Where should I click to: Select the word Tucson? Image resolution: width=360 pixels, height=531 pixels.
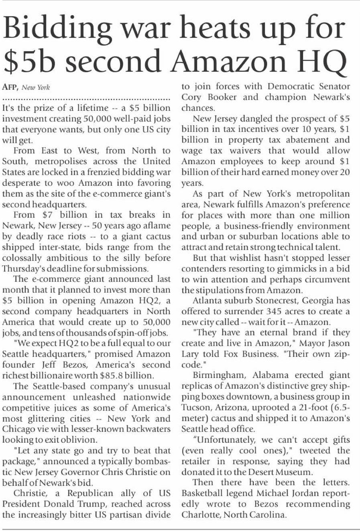pos(195,407)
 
